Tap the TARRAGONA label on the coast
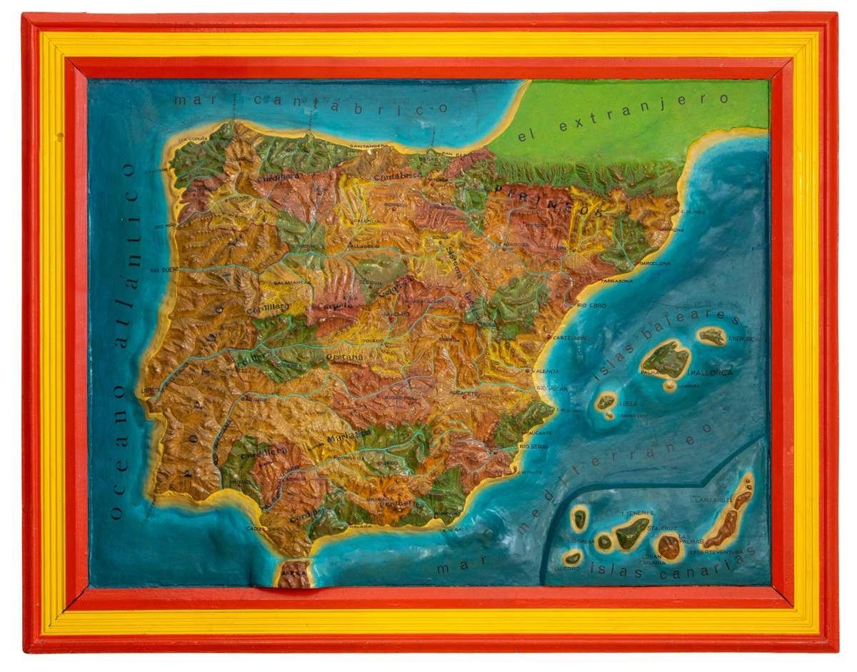(616, 281)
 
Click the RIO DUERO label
(164, 271)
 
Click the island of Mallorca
(666, 358)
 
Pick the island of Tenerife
(632, 531)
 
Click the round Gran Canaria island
(670, 546)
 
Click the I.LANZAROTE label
(708, 500)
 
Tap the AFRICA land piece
(294, 575)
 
